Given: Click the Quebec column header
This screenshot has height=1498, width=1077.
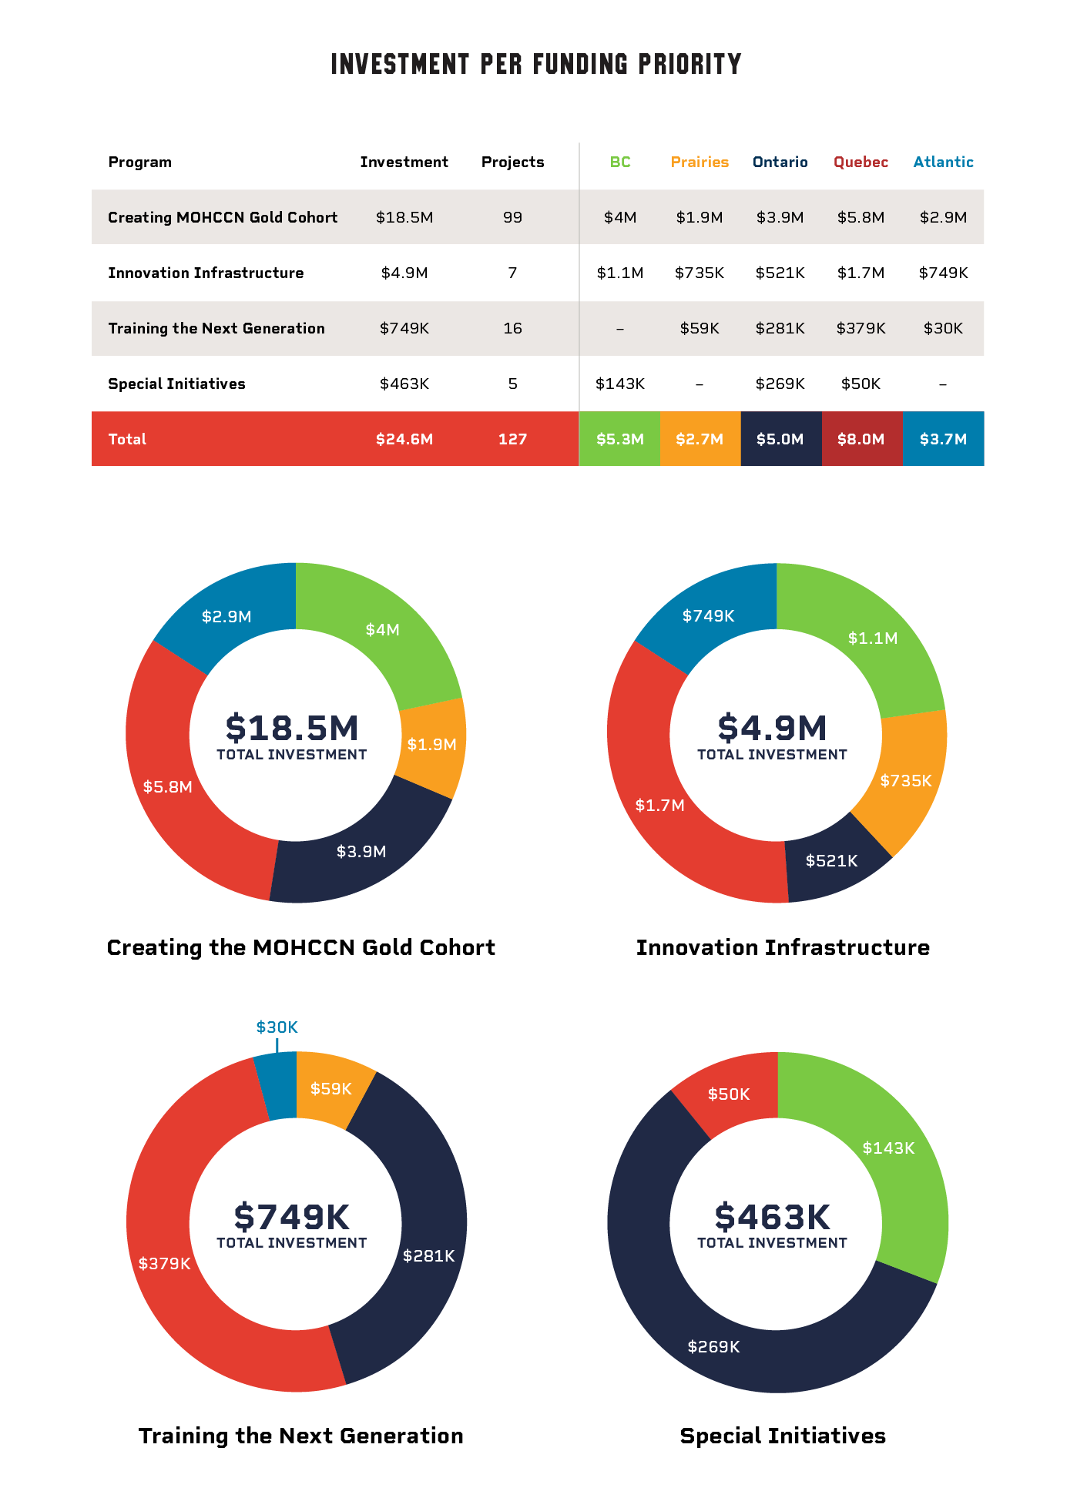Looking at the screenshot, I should (861, 163).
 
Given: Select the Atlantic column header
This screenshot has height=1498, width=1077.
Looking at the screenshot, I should (943, 163).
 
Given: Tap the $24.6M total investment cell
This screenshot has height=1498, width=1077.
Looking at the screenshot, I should (404, 439).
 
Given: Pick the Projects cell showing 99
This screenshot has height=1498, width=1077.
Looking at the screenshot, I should (512, 218).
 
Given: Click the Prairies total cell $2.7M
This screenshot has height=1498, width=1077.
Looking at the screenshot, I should (700, 439).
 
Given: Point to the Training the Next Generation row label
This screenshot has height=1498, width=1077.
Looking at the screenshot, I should (216, 329).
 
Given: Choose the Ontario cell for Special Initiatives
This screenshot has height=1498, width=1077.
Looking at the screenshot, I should (780, 384).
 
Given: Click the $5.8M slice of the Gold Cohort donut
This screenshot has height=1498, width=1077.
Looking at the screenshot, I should (167, 787).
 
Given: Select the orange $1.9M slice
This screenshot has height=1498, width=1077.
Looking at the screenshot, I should (431, 745).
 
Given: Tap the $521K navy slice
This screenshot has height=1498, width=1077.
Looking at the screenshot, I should (831, 861).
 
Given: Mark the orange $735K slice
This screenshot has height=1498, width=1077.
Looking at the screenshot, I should (906, 781).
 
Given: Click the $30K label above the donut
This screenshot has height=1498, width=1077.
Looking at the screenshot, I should (277, 1027).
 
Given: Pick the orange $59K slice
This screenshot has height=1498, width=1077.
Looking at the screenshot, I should (330, 1089).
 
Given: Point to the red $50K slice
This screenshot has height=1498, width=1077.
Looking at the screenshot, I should (729, 1094).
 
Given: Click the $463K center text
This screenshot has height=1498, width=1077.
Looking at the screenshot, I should (772, 1218).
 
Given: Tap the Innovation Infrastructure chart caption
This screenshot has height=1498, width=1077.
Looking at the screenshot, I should (783, 948).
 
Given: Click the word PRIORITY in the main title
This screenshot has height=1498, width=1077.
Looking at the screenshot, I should (689, 65).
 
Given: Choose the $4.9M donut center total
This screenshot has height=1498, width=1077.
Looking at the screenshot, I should (772, 729).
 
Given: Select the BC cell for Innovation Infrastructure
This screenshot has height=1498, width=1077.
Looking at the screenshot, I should (620, 273).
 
